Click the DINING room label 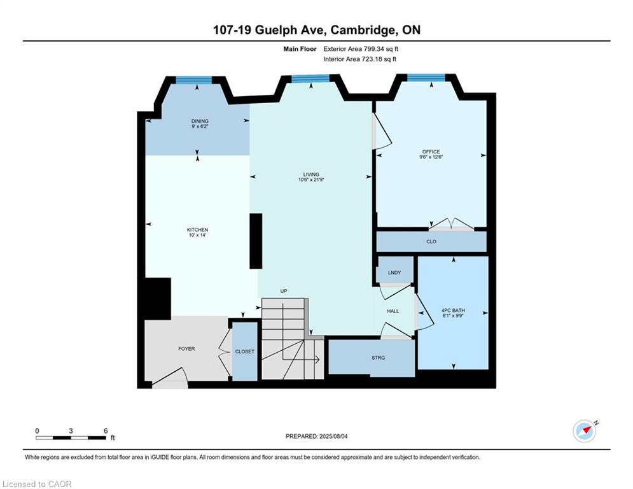click(x=200, y=121)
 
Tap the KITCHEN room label click(x=197, y=230)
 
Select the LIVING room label click(x=311, y=174)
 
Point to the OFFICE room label click(x=431, y=152)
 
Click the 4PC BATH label click(x=453, y=310)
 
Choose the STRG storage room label click(x=379, y=358)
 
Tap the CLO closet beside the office click(x=431, y=241)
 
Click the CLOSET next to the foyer click(x=245, y=351)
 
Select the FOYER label click(x=186, y=348)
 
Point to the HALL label click(x=393, y=311)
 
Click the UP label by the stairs click(x=284, y=291)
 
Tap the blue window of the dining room click(x=194, y=80)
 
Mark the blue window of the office click(x=426, y=78)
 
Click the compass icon click(x=585, y=431)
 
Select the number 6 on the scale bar click(x=106, y=431)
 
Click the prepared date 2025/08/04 click(x=333, y=436)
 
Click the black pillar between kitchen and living click(x=256, y=241)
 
